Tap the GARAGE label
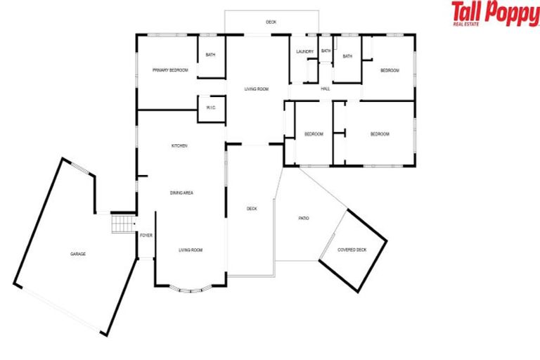[77, 253]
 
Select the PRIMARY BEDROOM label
[170, 70]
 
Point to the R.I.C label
[210, 108]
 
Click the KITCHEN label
[179, 146]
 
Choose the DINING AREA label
[181, 192]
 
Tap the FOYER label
[146, 236]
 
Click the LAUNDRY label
[304, 51]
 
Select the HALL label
[326, 89]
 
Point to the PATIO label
[304, 219]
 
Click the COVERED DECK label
[352, 250]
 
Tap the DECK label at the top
[271, 22]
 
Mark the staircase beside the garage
[122, 224]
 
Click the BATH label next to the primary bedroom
[210, 54]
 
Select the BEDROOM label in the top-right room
[390, 70]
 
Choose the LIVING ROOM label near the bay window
[190, 250]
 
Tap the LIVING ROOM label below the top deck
[257, 89]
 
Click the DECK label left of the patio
[252, 208]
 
